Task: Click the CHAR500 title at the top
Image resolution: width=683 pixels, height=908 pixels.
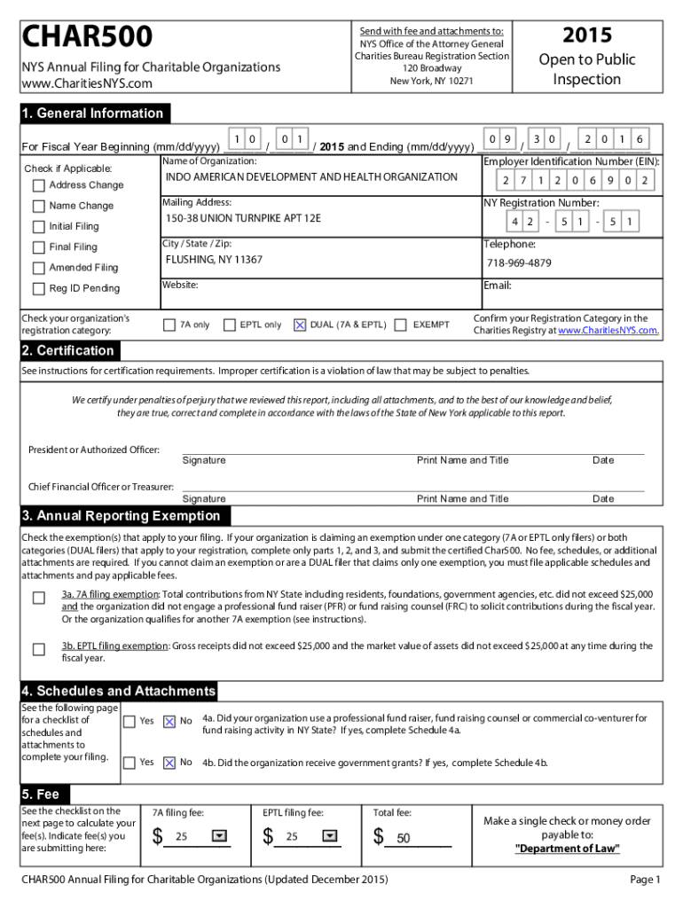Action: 88,38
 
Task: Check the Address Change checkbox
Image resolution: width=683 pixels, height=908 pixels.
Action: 38,185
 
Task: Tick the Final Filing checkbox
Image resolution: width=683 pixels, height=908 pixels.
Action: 38,247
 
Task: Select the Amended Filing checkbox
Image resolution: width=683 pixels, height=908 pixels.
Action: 38,268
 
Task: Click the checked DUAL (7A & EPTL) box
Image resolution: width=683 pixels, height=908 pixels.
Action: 300,325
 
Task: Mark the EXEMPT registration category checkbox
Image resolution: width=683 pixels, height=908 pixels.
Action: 400,325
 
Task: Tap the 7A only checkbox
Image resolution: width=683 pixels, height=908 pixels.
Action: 169,325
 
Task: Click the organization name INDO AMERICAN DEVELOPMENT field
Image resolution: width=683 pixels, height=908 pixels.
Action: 311,177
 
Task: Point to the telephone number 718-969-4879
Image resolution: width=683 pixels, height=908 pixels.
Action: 519,263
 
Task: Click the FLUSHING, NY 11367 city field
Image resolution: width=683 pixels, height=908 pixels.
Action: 214,260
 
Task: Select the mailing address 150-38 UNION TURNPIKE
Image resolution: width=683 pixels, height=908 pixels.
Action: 243,218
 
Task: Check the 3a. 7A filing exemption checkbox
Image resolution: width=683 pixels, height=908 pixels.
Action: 39,598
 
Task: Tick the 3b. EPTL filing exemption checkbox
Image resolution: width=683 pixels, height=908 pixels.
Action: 39,649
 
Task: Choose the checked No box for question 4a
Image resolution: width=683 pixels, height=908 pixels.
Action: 169,722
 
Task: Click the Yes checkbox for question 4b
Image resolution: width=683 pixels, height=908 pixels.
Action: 130,763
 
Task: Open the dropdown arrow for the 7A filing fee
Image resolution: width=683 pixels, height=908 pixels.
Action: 218,835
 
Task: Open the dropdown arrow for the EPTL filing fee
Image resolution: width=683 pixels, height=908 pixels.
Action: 329,835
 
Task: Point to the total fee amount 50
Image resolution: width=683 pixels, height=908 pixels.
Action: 404,838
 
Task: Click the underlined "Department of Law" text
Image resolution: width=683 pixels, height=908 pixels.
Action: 568,849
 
